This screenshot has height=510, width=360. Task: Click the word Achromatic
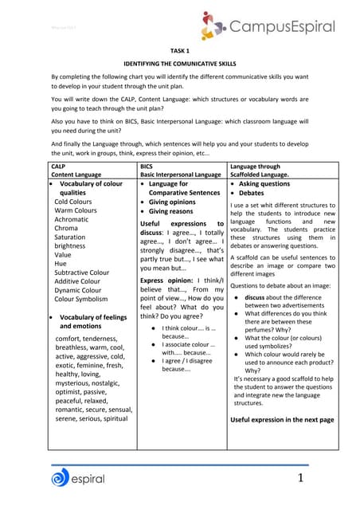(72, 218)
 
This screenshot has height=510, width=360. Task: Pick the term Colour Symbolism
(81, 300)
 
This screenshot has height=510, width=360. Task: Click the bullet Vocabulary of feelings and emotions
(92, 321)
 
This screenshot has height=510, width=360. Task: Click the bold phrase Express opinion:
(168, 280)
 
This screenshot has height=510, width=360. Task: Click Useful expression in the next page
(282, 419)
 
